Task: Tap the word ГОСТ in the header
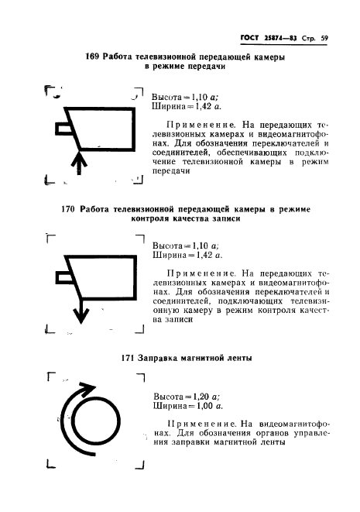(251, 35)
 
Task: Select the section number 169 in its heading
(93, 58)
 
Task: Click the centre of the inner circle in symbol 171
(94, 425)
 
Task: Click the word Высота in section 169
(169, 97)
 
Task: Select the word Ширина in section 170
(170, 254)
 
